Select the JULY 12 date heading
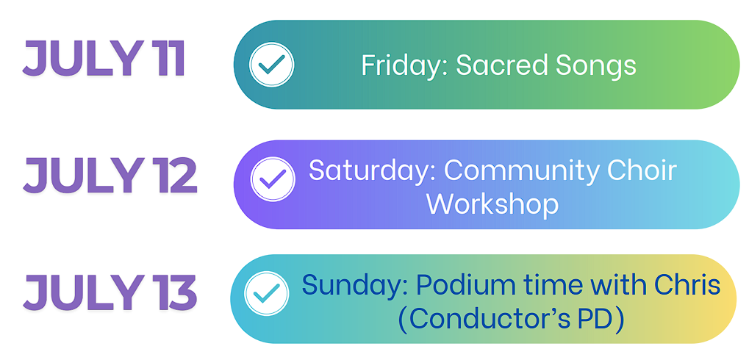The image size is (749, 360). pos(110,176)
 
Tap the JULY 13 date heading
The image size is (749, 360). pos(110,292)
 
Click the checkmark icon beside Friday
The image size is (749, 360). pos(271,65)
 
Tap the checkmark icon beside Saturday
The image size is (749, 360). pos(273,179)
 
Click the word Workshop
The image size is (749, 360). pos(492,205)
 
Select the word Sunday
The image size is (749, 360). pos(354,286)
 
